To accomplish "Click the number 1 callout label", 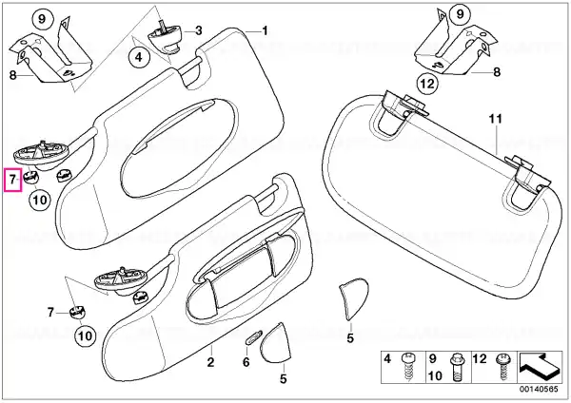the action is pos(266,30).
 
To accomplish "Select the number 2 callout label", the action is pos(210,362).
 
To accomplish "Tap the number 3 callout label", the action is pos(199,30).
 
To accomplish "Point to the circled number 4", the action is pos(140,57).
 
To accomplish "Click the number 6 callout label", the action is pos(246,362).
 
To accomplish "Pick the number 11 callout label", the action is pos(495,119).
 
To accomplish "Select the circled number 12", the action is pos(427,84).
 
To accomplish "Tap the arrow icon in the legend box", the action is pos(540,366).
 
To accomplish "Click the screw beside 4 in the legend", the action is pos(407,367).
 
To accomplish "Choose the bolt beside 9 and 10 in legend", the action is pos(456,367).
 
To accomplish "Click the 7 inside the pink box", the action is pos(12,179).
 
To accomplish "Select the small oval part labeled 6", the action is pos(253,336).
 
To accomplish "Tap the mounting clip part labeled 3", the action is pos(165,36).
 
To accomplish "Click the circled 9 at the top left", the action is pos(42,19).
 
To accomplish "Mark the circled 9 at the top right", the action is pos(460,14).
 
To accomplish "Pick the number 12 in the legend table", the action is pos(480,359).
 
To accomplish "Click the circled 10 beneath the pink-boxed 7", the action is pos(40,200).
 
